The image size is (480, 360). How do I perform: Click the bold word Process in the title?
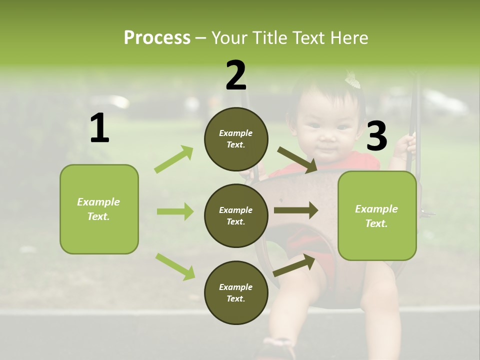point(157,37)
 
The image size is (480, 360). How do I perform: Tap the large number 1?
point(99,128)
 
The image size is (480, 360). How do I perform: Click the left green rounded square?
point(99,209)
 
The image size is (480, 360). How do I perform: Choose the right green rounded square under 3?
point(377,215)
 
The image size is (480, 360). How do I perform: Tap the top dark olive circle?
point(236,139)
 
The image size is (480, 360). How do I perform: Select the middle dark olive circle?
point(236,215)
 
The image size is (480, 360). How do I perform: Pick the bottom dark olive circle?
point(236,292)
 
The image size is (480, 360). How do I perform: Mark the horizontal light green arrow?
point(175,211)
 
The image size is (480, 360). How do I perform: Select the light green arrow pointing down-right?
point(175,266)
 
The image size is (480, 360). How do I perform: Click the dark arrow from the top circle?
point(297,160)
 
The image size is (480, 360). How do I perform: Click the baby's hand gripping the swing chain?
point(405,145)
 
